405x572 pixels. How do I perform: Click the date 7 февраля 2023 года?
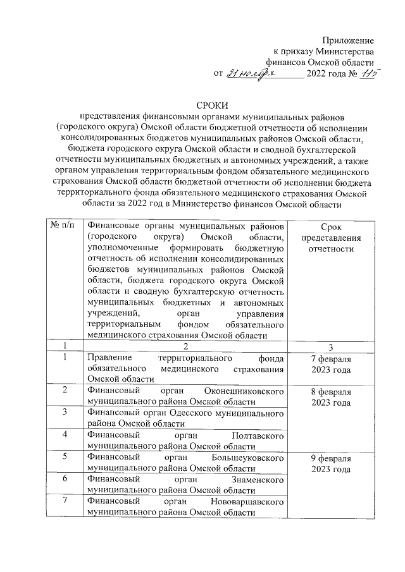331,363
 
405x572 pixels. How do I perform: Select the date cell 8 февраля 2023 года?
331,398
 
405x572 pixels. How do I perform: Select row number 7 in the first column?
65,501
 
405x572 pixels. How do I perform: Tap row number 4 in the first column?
65,435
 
